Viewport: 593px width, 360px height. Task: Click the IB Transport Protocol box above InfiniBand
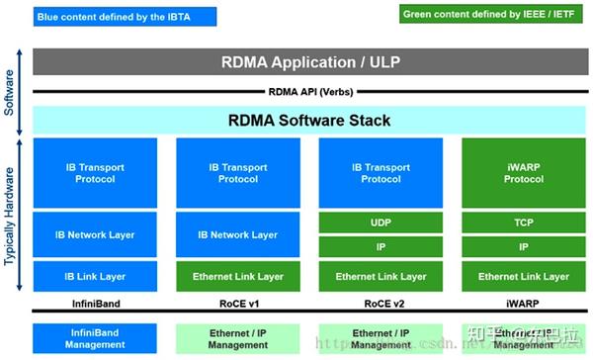(x=95, y=173)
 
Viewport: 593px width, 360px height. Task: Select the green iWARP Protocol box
(x=523, y=173)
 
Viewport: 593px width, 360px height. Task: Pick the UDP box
(x=381, y=224)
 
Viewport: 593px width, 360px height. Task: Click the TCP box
(x=523, y=224)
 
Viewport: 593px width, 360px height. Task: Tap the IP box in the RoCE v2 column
(x=381, y=248)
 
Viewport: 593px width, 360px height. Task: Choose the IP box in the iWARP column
(x=523, y=248)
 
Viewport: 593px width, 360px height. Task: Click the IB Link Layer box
(x=95, y=276)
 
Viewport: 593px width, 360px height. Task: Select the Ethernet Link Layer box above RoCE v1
(x=237, y=276)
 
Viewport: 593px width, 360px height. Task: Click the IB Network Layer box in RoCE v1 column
(x=237, y=235)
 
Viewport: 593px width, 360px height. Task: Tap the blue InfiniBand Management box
(x=95, y=339)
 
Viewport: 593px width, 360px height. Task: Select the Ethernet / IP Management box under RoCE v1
(x=237, y=339)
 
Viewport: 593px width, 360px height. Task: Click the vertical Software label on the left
(x=10, y=91)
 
